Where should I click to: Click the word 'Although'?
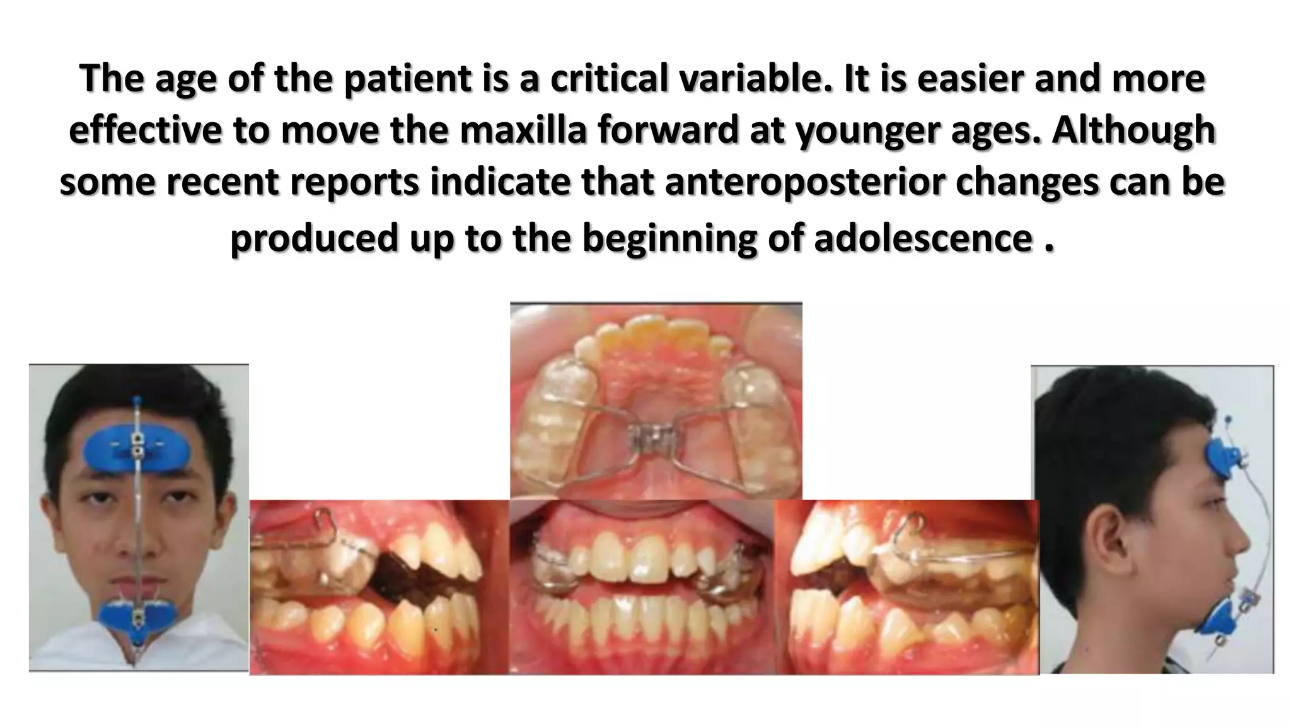tap(1133, 130)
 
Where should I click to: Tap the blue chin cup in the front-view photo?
tap(136, 615)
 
